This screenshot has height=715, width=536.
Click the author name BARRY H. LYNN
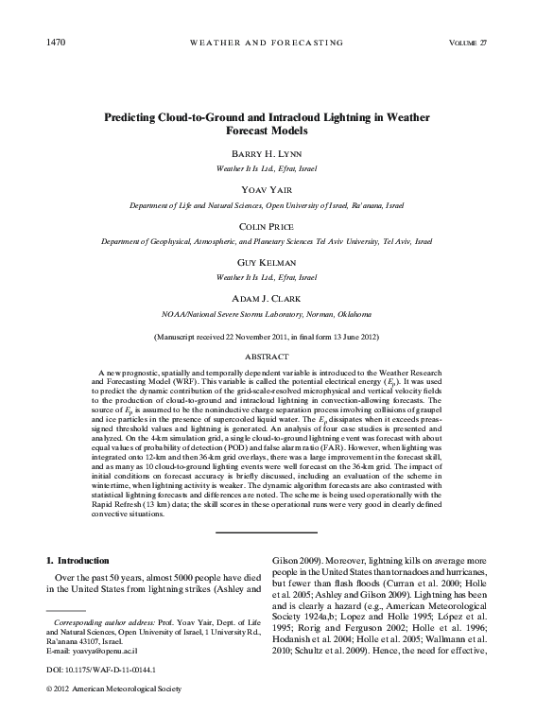268,153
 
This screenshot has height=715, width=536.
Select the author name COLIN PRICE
268,227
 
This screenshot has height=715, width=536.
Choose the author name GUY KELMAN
268,264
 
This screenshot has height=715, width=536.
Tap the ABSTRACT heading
268,357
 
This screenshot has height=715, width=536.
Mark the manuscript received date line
268,337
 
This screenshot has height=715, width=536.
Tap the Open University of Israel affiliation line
268,204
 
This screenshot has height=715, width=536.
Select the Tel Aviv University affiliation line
268,241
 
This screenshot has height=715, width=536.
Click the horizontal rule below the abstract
268,532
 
